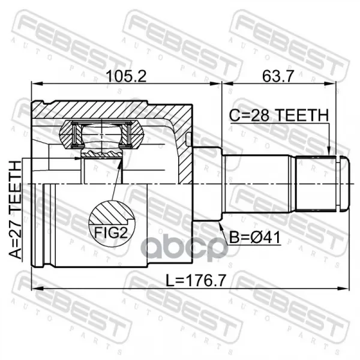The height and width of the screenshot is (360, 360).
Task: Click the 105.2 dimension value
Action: pyautogui.click(x=126, y=76)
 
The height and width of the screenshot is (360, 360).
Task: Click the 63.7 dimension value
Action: pyautogui.click(x=278, y=76)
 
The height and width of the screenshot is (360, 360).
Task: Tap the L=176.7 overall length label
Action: pyautogui.click(x=196, y=280)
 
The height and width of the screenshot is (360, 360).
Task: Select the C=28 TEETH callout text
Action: pyautogui.click(x=279, y=115)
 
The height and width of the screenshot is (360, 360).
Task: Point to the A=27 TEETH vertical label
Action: pyautogui.click(x=16, y=209)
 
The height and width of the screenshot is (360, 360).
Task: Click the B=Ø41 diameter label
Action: pyautogui.click(x=255, y=237)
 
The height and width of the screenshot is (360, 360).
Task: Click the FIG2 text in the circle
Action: pyautogui.click(x=111, y=233)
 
